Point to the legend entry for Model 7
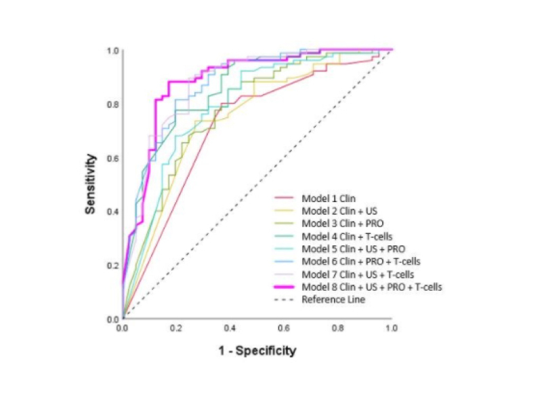[x=349, y=274]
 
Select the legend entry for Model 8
[x=372, y=287]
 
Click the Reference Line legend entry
[x=333, y=299]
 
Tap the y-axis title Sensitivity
[x=89, y=183]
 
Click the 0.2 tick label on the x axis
[x=176, y=328]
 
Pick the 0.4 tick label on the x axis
[x=230, y=328]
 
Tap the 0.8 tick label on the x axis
[x=337, y=328]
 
